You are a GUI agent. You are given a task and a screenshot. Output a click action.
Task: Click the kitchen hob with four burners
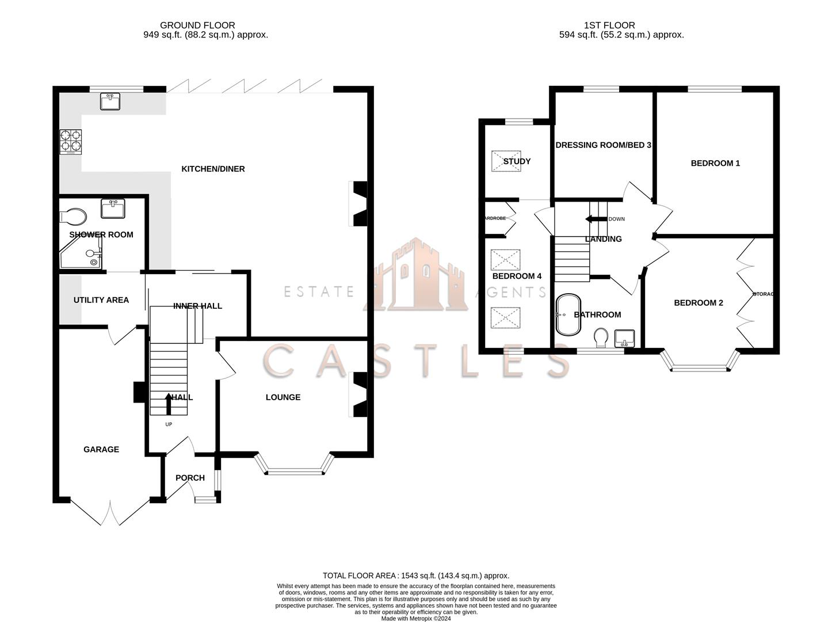pos(71,142)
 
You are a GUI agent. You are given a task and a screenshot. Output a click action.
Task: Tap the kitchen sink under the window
pos(110,101)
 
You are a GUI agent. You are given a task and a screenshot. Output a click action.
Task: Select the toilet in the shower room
pos(73,217)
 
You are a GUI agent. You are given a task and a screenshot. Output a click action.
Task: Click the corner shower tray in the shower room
pos(81,256)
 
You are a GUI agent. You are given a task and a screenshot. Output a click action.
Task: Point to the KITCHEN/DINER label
pos(213,169)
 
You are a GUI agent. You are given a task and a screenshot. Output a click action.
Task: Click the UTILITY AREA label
pos(101,300)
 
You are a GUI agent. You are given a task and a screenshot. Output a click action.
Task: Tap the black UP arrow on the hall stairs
pos(168,404)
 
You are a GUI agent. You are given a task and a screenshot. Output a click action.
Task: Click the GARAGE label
pos(101,449)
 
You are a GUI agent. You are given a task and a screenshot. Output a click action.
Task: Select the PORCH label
pos(190,477)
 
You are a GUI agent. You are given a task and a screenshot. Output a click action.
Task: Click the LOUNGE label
pos(283,397)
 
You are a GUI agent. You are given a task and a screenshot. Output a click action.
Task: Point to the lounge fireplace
pos(358,395)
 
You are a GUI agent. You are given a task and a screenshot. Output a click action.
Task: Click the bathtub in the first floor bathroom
pos(568,315)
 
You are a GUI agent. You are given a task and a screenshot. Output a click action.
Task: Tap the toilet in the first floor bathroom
pos(601,338)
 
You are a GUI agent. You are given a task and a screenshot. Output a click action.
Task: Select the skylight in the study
pos(505,161)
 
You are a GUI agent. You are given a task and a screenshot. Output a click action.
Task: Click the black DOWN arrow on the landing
pos(593,219)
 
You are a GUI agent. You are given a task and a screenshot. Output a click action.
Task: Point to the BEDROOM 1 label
pos(715,163)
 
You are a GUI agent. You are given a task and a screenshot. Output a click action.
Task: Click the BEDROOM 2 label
pos(699,303)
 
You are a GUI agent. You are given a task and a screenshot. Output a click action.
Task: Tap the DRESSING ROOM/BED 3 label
pos(603,145)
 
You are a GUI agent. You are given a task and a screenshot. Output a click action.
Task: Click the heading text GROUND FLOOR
pos(197,25)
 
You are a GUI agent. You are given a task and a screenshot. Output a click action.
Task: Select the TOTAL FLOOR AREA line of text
pos(416,575)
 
